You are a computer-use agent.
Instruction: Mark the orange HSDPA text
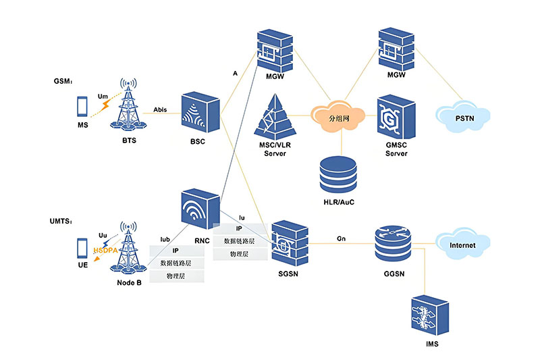pyautogui.click(x=107, y=251)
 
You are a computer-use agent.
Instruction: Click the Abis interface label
pyautogui.click(x=160, y=107)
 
